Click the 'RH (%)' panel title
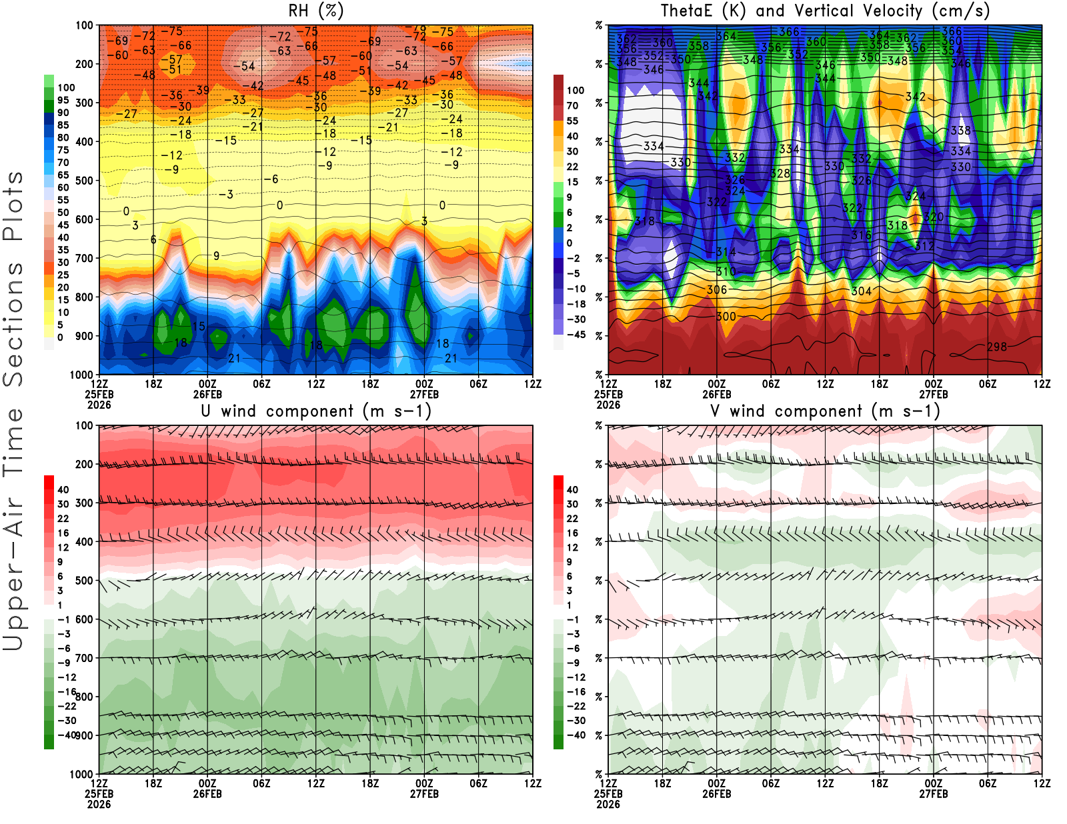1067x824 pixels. (x=315, y=11)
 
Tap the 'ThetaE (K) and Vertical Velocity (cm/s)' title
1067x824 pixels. (x=825, y=11)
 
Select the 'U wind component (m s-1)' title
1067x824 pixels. (x=315, y=411)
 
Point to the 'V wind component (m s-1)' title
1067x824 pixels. (x=825, y=411)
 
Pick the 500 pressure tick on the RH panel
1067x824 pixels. (x=85, y=181)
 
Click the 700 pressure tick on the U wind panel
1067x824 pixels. (x=85, y=658)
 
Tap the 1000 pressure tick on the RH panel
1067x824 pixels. (x=82, y=375)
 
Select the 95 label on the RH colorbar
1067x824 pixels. (x=63, y=100)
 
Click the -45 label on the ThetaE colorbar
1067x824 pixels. (x=576, y=335)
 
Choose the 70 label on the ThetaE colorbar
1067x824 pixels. (x=572, y=105)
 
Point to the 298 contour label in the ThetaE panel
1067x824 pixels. (x=997, y=347)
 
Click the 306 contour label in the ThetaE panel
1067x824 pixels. (x=717, y=289)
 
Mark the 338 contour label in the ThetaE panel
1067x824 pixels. (x=960, y=131)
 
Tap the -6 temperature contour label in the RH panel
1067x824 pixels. (x=271, y=179)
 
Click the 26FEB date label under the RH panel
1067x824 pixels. (x=207, y=394)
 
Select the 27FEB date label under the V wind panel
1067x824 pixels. (x=934, y=794)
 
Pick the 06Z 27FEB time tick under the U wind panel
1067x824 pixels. (x=478, y=783)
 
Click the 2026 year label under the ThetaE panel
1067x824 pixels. (x=608, y=405)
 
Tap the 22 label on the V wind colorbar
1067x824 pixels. (x=572, y=519)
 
